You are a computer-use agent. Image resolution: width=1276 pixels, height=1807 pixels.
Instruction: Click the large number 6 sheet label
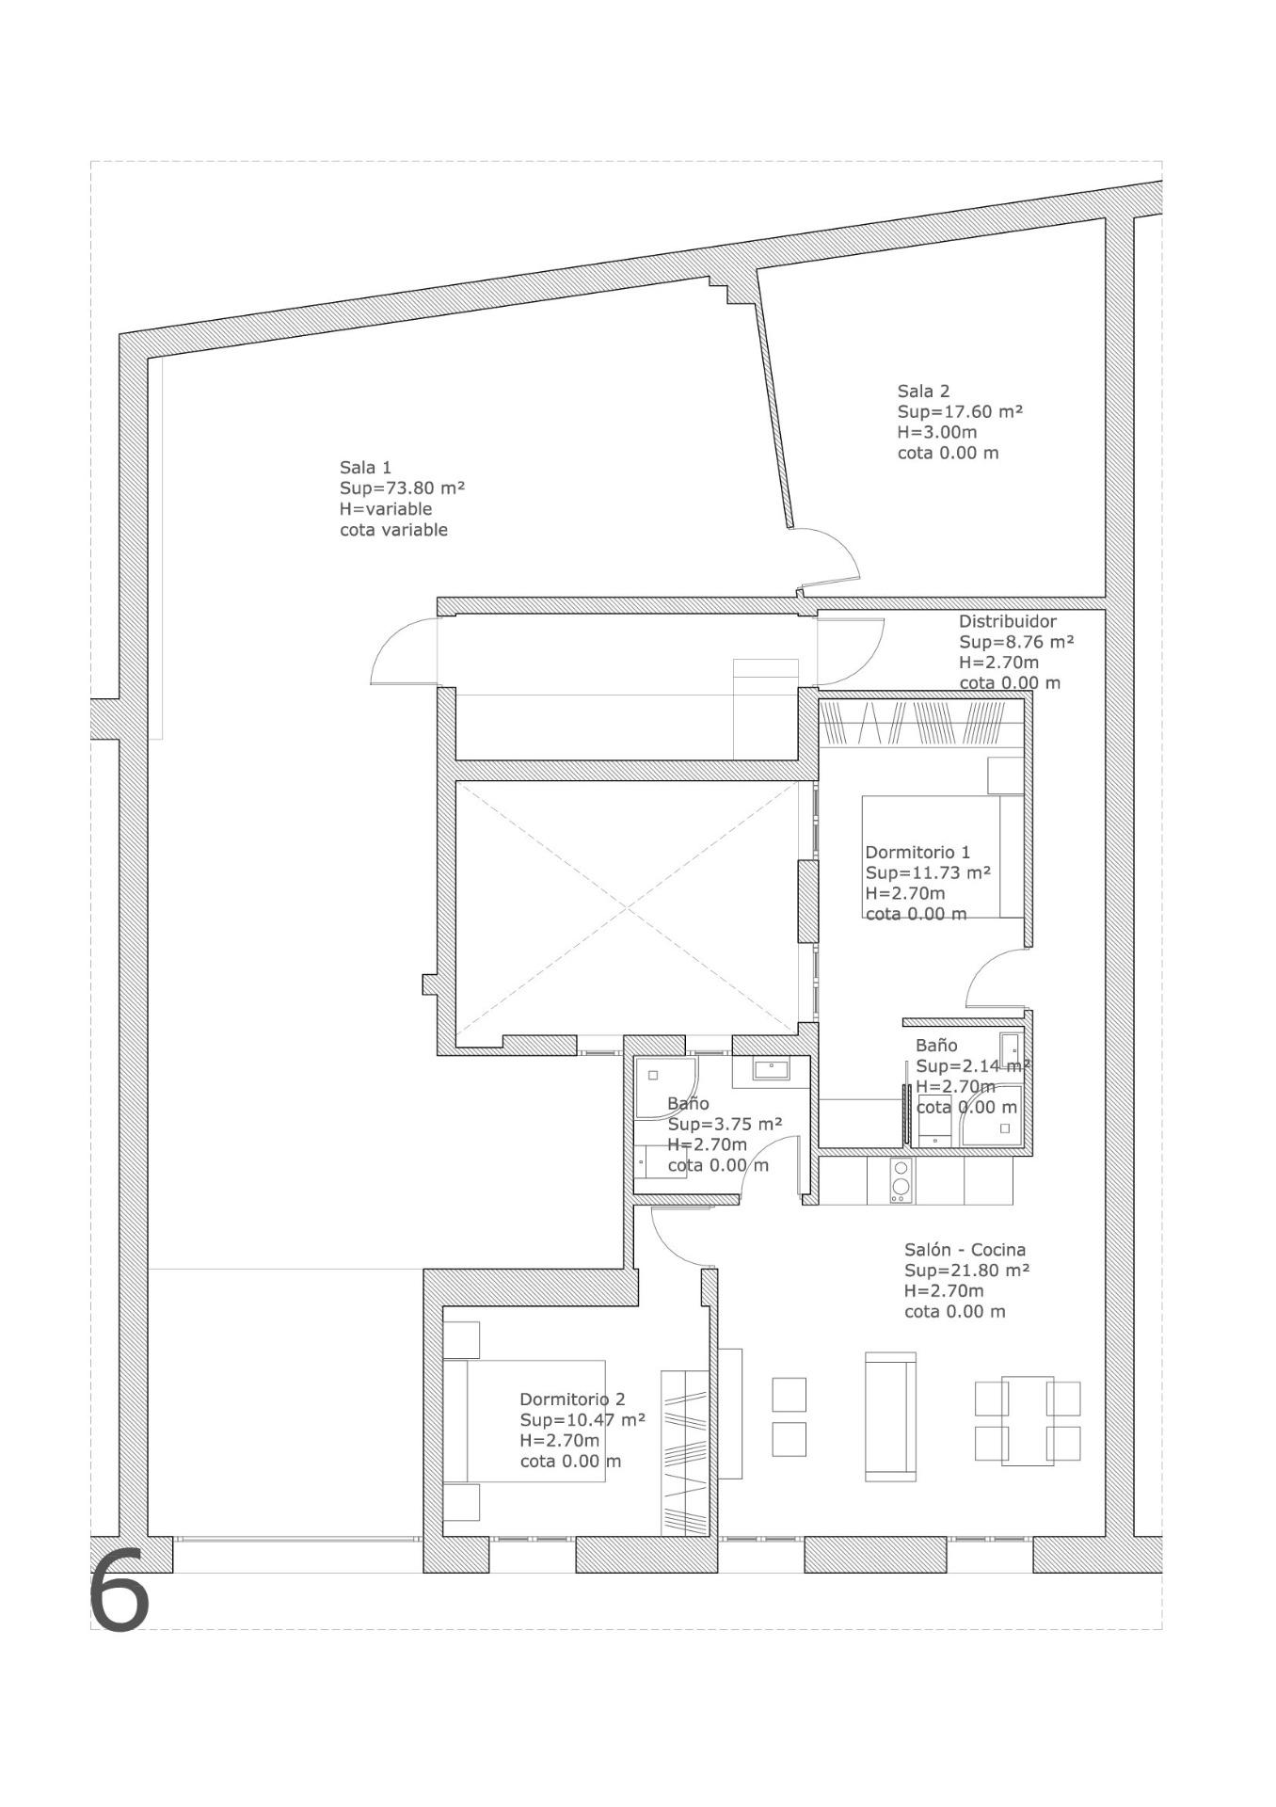120,1591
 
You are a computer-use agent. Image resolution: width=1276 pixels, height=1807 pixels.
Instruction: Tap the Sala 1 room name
365,468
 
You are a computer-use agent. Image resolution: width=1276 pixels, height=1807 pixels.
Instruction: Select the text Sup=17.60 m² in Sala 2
960,412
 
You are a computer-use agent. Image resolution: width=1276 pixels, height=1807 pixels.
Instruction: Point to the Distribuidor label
1007,621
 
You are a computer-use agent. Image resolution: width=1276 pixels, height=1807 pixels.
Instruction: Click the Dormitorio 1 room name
917,853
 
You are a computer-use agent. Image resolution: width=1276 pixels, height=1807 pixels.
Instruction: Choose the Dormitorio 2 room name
572,1399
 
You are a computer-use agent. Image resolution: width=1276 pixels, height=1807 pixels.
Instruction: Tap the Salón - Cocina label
965,1250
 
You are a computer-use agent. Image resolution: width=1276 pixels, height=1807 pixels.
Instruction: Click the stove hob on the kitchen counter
901,1180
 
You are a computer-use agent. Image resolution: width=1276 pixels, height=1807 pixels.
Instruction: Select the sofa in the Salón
890,1416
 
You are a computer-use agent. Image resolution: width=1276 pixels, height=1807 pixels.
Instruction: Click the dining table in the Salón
1028,1420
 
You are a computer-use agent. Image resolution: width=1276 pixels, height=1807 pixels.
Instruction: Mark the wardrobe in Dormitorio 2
684,1453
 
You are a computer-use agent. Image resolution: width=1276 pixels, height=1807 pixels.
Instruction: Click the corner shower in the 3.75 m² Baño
666,1088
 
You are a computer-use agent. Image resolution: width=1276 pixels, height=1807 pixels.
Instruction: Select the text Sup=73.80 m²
403,488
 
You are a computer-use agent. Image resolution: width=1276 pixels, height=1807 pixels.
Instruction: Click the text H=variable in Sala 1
386,509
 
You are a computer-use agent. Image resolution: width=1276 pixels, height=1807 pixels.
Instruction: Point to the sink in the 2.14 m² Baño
1010,1047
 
